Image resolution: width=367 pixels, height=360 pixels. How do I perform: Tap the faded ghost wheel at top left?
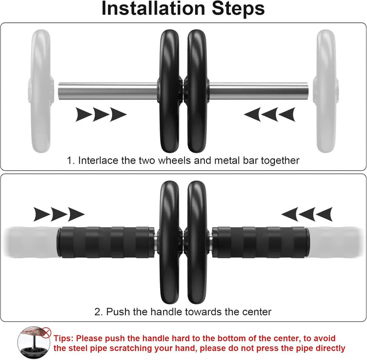click(42, 91)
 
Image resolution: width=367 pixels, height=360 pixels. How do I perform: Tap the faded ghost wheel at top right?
click(326, 91)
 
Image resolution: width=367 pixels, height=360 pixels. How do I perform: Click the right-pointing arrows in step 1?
click(101, 114)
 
